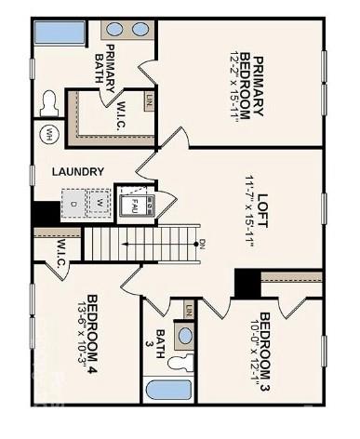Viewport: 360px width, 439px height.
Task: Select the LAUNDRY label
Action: (77, 171)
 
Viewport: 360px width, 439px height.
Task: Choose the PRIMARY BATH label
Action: (110, 63)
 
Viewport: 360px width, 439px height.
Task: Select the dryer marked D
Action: (73, 202)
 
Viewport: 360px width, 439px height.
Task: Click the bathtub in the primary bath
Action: (59, 32)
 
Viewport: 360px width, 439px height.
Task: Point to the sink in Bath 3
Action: (185, 335)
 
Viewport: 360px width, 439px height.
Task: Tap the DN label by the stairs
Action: (202, 244)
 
